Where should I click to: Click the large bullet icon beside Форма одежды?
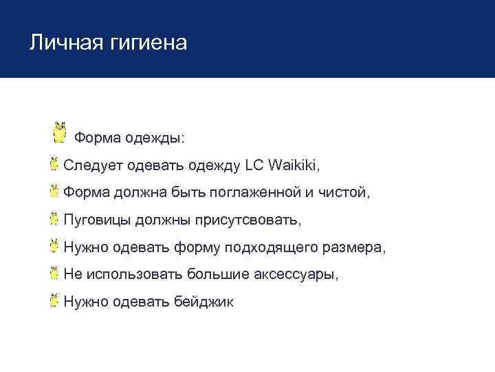coord(60,134)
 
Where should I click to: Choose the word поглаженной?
coord(254,193)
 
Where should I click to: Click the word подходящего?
coord(277,247)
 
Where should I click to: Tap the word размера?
coord(354,247)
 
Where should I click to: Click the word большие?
coord(218,274)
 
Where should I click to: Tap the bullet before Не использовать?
coord(54,273)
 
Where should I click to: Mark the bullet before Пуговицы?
coord(54,218)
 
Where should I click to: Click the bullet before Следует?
coord(54,164)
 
